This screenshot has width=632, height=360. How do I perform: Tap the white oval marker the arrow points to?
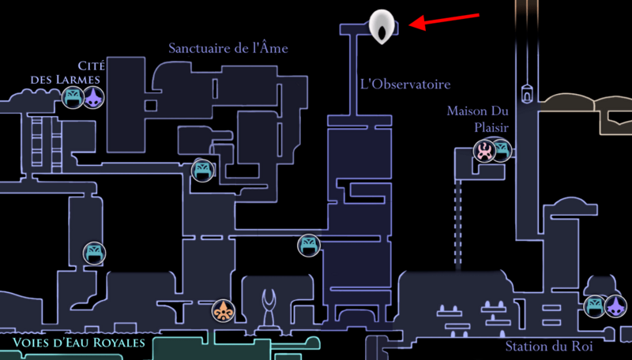point(382,26)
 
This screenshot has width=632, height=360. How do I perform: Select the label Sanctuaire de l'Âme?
point(228,48)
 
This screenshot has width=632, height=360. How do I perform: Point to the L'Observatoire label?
point(404,84)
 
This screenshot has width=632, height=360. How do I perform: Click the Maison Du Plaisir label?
point(478,118)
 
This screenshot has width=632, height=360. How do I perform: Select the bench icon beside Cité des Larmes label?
point(73,98)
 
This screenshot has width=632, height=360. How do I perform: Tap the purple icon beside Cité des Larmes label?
point(95,98)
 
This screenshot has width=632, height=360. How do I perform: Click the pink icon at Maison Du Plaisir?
point(483,150)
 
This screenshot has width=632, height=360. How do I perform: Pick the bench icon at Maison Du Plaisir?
point(501,150)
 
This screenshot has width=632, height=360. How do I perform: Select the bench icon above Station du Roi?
point(595,305)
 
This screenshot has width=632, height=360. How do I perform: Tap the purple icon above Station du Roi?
point(615,305)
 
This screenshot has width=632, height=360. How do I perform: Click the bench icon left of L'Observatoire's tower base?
point(308,245)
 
